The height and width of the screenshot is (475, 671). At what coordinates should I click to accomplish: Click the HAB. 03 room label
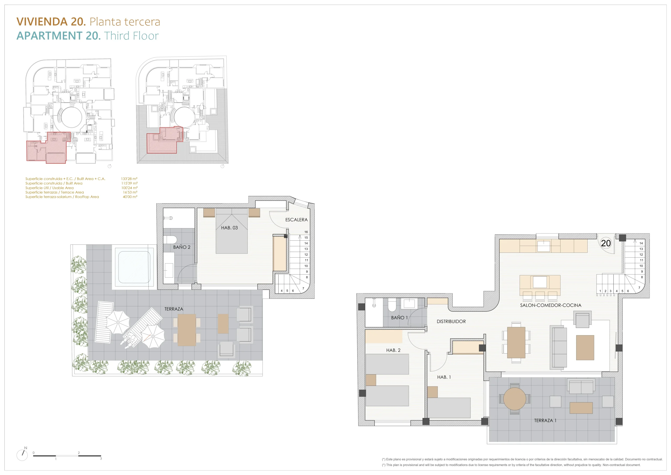[x=229, y=228]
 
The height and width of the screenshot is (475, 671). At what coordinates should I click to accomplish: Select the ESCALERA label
[x=296, y=220]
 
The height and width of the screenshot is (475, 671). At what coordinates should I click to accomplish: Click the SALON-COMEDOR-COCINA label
[x=551, y=305]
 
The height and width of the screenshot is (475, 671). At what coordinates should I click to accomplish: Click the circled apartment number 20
[x=606, y=243]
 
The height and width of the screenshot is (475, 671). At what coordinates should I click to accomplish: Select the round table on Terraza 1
[x=514, y=399]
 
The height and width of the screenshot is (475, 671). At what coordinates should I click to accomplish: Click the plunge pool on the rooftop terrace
[x=134, y=267]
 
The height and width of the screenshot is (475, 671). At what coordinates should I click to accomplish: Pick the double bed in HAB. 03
[x=231, y=231]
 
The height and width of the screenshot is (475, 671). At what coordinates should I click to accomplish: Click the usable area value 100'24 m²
[x=129, y=188]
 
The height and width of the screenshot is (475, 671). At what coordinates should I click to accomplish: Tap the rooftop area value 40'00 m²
[x=130, y=197]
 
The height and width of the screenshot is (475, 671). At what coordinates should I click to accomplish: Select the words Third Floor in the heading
[x=132, y=36]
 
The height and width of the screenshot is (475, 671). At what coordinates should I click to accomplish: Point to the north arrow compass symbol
[x=22, y=455]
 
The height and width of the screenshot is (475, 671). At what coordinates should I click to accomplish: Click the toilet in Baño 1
[x=392, y=305]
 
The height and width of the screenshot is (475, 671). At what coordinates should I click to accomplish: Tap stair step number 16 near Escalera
[x=306, y=232]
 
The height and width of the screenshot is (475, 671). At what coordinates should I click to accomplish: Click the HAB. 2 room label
[x=393, y=350]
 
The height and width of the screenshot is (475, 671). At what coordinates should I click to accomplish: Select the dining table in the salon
[x=516, y=343]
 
